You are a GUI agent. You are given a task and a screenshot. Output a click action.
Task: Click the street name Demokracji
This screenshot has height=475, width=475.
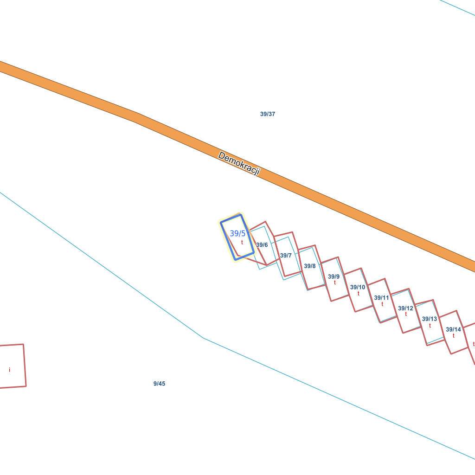click(239, 164)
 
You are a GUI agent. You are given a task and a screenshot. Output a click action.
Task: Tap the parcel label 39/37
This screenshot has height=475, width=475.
click(268, 114)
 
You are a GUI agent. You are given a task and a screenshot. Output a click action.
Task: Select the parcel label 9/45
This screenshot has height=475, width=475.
click(159, 384)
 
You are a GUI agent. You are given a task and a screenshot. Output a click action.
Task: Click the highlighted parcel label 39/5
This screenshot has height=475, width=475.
click(237, 233)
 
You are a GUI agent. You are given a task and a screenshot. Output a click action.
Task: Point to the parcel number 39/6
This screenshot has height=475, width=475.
click(262, 245)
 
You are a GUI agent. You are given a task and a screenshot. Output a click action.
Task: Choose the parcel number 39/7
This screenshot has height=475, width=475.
click(286, 256)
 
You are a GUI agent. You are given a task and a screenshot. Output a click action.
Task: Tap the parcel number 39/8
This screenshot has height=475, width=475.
click(310, 266)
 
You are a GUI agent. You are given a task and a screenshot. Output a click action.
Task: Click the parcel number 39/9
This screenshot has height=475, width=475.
click(334, 277)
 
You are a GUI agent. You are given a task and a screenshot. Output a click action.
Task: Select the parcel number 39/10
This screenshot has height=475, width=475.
click(358, 287)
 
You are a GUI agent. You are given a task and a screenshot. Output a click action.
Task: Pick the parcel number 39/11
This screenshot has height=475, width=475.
click(382, 298)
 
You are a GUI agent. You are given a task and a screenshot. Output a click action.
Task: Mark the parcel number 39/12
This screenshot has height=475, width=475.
click(405, 308)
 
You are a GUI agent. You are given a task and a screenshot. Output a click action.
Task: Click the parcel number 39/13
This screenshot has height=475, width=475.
click(430, 319)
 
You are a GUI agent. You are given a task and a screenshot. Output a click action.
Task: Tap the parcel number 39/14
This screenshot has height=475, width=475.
click(454, 330)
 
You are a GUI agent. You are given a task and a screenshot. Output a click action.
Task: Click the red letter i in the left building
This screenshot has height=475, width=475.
click(10, 370)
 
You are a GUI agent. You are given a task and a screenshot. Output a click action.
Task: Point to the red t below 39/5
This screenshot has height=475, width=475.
click(242, 242)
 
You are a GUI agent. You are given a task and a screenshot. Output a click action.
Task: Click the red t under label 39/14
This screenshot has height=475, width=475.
click(454, 336)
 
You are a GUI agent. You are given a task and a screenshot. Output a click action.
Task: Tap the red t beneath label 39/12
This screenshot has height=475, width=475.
click(406, 315)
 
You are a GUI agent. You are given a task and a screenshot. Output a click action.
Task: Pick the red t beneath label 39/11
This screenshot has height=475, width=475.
click(382, 304)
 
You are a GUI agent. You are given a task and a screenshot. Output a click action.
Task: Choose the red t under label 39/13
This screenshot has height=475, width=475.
click(430, 326)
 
